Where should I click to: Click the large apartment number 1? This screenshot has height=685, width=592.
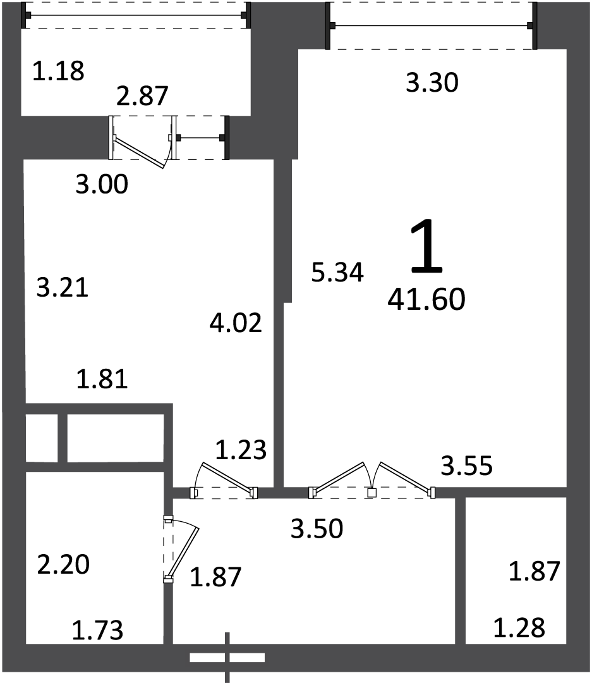(x=426, y=245)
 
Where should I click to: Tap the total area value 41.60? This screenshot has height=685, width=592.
(x=426, y=300)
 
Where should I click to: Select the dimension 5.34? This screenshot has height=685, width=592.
(x=337, y=272)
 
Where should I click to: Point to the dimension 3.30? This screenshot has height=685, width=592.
(x=432, y=83)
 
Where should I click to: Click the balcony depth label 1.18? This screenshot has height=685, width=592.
(x=58, y=71)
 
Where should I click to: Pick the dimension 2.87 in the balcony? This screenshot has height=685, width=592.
(x=142, y=96)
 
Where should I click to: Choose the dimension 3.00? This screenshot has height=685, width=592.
(x=102, y=184)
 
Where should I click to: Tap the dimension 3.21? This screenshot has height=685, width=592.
(x=63, y=287)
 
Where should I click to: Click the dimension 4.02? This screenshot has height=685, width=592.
(x=236, y=323)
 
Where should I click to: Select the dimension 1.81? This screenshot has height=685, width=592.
(x=102, y=379)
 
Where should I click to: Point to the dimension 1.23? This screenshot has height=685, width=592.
(x=241, y=450)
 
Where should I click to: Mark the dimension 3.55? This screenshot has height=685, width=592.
(x=467, y=466)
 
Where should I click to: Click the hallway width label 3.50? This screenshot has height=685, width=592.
(x=317, y=529)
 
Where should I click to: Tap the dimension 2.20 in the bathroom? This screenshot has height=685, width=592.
(x=63, y=564)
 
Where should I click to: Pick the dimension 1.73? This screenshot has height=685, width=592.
(x=97, y=631)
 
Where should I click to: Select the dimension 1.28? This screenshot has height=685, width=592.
(x=519, y=628)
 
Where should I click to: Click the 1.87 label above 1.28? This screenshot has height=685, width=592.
(x=535, y=571)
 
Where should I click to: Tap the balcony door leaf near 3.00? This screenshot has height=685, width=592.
(x=140, y=152)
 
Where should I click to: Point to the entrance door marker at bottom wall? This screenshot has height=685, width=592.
(x=227, y=657)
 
